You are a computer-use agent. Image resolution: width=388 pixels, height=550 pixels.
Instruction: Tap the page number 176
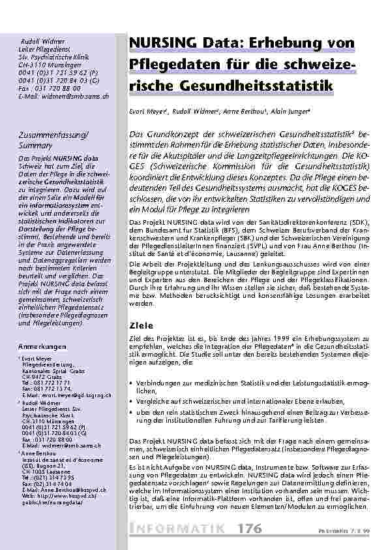point(250,527)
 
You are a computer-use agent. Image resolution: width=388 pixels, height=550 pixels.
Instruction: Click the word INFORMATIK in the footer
point(179,527)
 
